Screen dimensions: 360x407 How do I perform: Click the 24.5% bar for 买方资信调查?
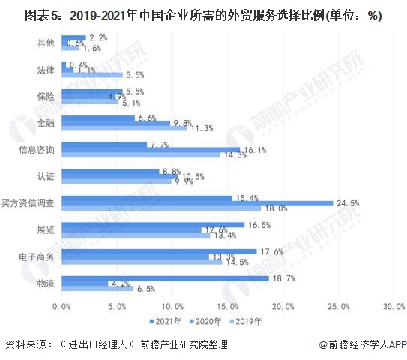(197, 203)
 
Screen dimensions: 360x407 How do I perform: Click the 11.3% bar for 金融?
(124, 128)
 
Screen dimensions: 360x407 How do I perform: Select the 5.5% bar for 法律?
(91, 75)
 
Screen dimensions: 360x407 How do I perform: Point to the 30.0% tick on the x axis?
(394, 306)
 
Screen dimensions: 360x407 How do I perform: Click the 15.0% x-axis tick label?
(228, 306)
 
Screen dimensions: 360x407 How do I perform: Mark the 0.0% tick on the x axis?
(62, 306)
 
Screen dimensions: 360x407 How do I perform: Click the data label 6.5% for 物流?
(145, 289)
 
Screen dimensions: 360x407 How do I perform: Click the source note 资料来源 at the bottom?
(116, 344)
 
